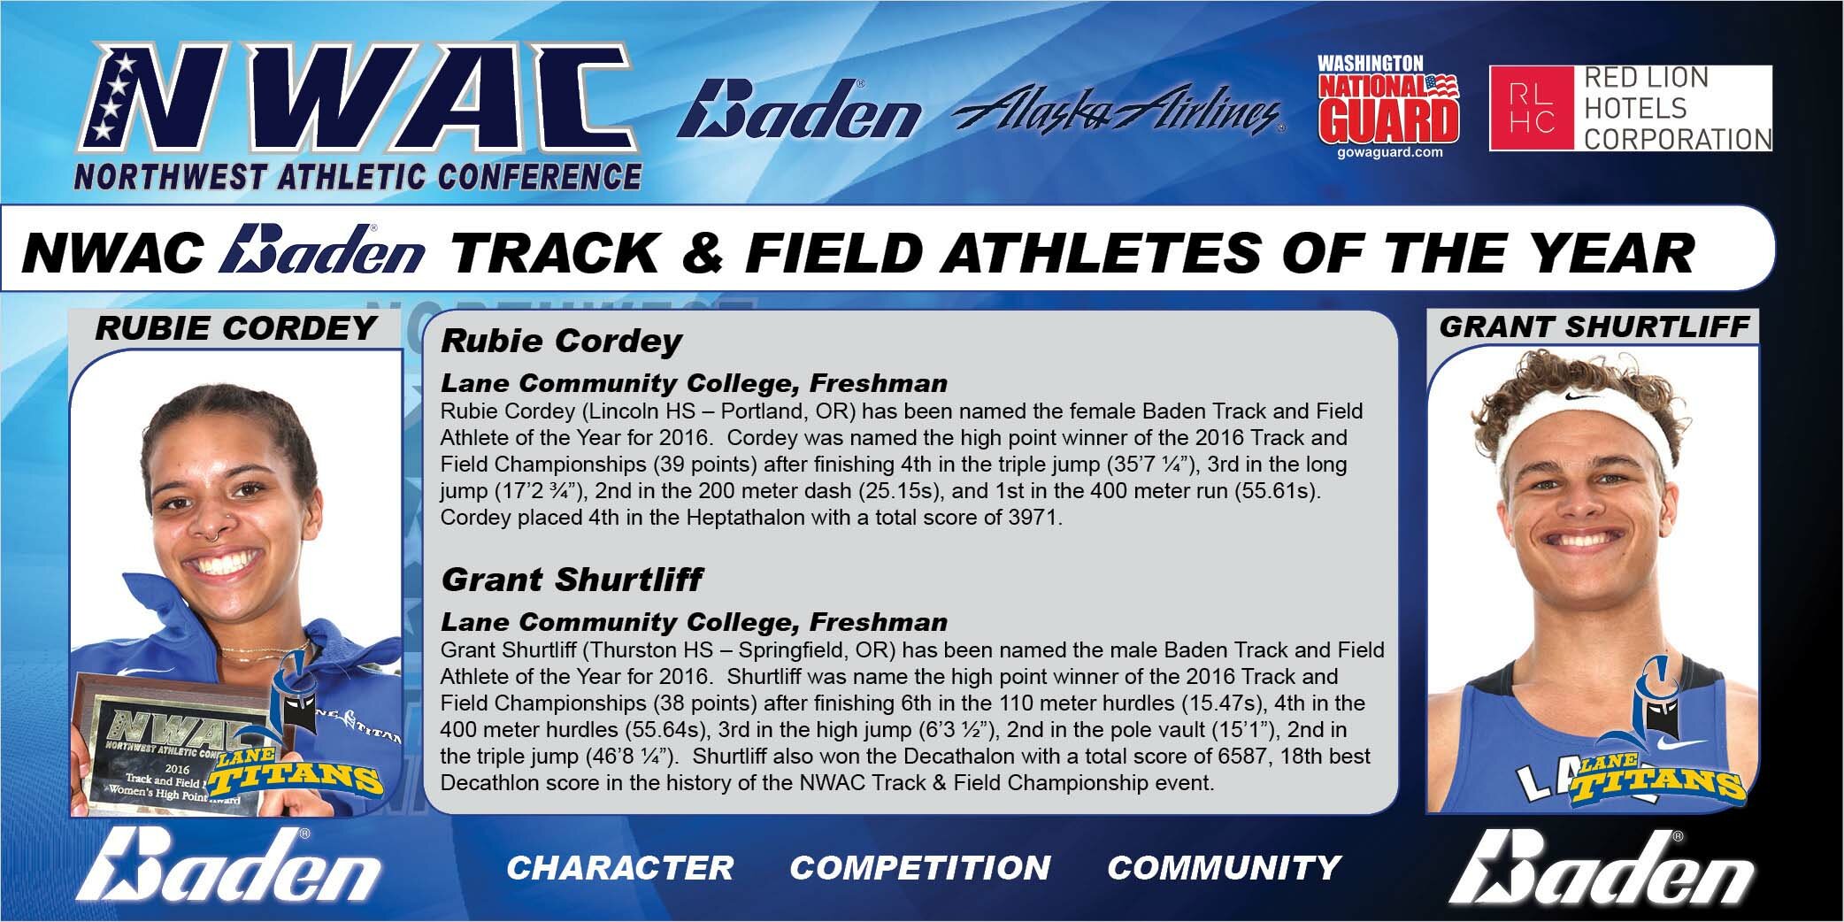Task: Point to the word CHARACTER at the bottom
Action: coord(619,868)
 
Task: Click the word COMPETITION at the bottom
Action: coord(920,868)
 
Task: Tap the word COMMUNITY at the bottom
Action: coord(1224,868)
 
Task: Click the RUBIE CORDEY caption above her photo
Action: coord(235,328)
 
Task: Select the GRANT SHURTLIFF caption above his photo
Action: coord(1594,327)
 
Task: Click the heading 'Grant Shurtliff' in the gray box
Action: coord(572,580)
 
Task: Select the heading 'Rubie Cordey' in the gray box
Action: coord(561,341)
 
